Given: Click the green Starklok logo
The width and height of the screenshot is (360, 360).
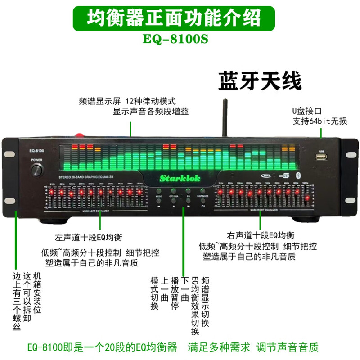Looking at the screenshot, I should (180, 178).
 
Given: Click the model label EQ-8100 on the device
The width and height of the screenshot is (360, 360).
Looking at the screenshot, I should (37, 150).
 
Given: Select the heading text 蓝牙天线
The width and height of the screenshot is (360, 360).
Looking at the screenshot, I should (260, 83).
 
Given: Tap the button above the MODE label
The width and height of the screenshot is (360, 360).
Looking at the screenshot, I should (159, 192).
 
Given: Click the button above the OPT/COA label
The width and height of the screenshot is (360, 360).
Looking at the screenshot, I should (174, 192).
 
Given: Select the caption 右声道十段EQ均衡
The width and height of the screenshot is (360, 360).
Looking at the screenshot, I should (261, 235).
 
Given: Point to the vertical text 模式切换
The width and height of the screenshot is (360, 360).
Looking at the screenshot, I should (155, 293).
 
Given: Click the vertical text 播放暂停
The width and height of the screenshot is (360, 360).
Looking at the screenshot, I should (175, 293).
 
